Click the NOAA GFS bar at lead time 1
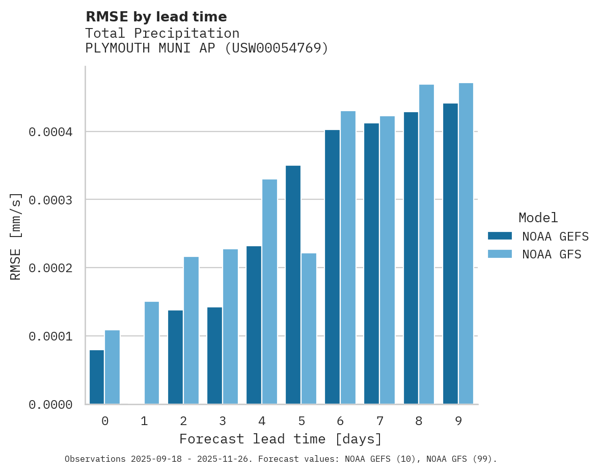tap(152, 353)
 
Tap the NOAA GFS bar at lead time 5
tap(309, 328)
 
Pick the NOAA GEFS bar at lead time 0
tap(97, 377)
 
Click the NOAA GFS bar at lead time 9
tap(466, 243)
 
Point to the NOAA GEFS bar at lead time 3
tap(214, 355)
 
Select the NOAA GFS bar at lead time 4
tap(269, 292)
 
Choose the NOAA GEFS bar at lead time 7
tap(372, 264)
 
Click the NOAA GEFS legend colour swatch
tap(500, 236)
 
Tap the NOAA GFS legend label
tap(552, 254)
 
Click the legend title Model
tap(538, 218)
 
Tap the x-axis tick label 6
tap(340, 421)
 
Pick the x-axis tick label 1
tap(144, 421)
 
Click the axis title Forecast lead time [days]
tap(281, 439)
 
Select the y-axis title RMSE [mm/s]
tap(16, 236)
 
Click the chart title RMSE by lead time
tap(156, 17)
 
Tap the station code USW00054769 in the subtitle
tap(277, 48)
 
